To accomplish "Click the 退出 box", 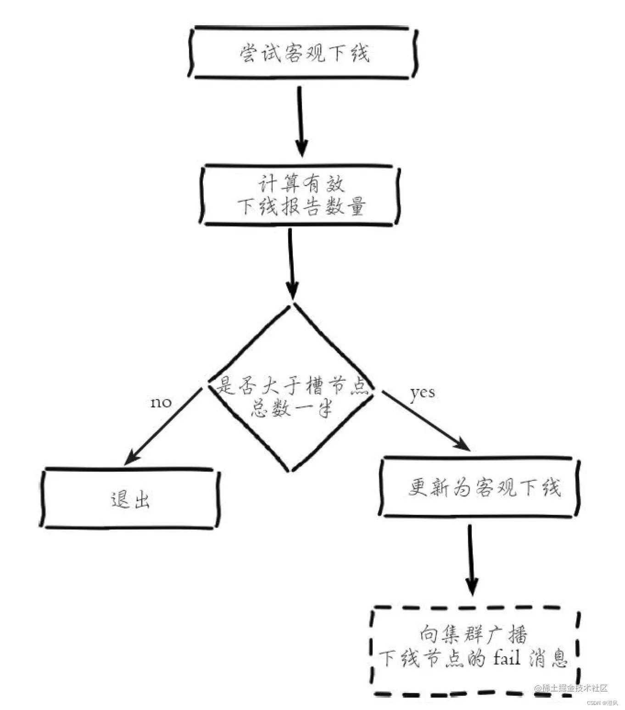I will coord(130,499).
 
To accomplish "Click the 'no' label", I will coord(161,403).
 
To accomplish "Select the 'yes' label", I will coord(422,393).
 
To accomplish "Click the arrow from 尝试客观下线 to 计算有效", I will coord(301,122).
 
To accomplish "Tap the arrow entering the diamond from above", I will coord(291,264).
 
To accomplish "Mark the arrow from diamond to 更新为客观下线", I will coord(424,419).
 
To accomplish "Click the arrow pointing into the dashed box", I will coord(471,560).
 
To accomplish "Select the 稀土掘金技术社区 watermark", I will coord(571,688).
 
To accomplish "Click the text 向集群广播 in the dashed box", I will coord(473,635).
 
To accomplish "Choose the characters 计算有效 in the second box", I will coord(301,185).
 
